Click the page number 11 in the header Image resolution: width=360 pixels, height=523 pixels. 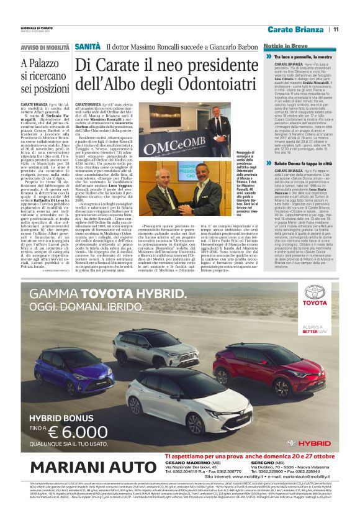[336, 29]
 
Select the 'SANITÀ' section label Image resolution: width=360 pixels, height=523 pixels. [88, 47]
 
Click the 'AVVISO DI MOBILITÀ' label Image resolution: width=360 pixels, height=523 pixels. [45, 47]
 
